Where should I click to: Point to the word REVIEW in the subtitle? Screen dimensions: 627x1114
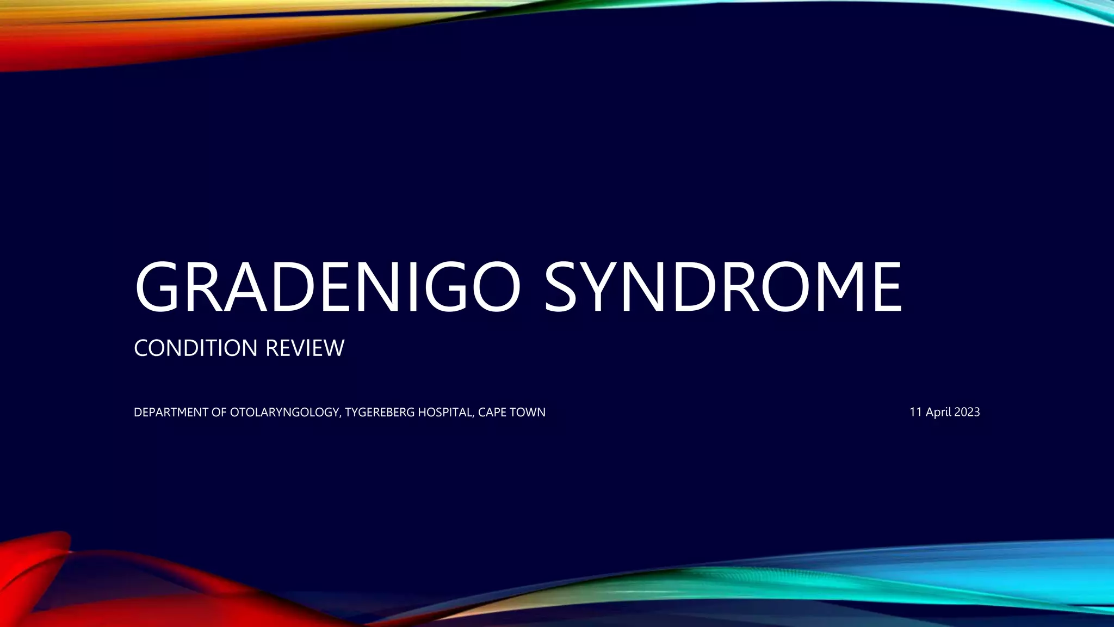(x=305, y=348)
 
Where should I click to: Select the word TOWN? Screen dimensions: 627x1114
(x=528, y=413)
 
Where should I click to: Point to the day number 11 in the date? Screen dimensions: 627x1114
(x=916, y=413)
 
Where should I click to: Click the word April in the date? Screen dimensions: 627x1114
(x=938, y=413)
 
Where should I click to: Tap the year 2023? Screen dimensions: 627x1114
(x=967, y=413)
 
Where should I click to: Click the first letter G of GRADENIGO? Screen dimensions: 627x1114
(x=158, y=287)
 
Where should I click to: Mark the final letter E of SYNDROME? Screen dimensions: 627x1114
(x=885, y=287)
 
